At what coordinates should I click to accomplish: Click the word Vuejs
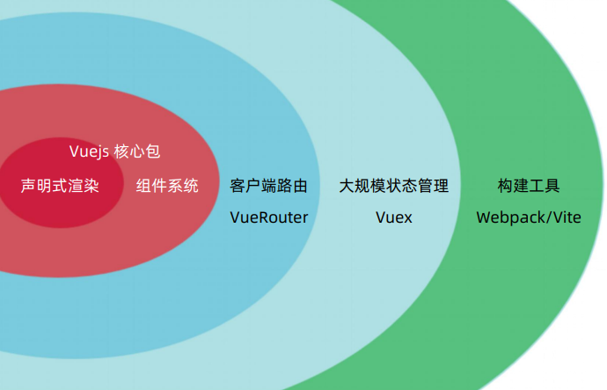[89, 151]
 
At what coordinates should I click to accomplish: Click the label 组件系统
[167, 187]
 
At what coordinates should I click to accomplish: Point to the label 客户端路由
[268, 187]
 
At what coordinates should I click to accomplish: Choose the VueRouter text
[268, 217]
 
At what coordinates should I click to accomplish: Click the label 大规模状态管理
[394, 187]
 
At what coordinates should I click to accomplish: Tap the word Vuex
[394, 217]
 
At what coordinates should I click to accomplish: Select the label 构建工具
[529, 187]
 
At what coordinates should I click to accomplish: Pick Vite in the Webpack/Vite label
[566, 217]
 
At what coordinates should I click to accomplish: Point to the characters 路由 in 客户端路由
[292, 187]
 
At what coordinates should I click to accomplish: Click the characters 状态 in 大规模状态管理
[394, 187]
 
